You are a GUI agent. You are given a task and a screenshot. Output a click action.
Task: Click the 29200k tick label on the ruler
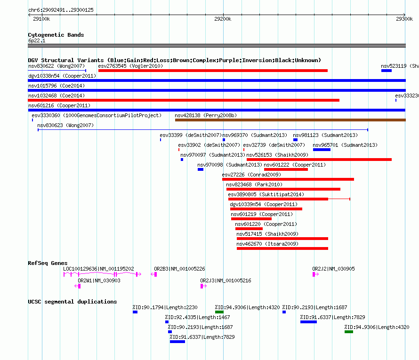point(223,19)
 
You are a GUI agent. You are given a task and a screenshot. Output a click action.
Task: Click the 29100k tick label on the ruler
point(41,19)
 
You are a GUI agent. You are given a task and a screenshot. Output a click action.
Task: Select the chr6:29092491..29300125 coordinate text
point(61,10)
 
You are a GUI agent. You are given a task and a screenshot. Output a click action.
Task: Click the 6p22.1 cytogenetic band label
point(37,40)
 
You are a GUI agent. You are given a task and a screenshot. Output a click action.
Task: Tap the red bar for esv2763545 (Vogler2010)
point(213,71)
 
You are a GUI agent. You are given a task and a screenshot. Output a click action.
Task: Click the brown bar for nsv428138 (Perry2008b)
point(290,120)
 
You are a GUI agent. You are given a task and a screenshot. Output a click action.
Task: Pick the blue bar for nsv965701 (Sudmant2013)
point(322,150)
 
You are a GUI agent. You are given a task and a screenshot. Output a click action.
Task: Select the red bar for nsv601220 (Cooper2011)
point(249,229)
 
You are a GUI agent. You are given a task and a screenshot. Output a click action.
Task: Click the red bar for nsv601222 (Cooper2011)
point(286,169)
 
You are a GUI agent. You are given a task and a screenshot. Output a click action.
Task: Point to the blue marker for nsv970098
point(201,169)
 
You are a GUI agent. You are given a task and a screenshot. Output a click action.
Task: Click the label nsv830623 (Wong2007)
point(65,125)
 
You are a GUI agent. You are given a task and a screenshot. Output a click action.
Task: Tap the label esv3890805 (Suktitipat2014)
point(266,194)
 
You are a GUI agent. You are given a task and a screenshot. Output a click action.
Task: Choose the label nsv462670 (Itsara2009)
point(267,244)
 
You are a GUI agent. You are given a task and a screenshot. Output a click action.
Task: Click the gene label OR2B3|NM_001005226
point(179,269)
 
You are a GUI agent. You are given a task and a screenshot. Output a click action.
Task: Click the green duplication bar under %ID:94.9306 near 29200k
point(219,312)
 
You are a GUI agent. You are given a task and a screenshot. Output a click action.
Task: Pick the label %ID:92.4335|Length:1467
point(197,317)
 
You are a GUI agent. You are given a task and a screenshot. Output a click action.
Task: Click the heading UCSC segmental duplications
point(73,302)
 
